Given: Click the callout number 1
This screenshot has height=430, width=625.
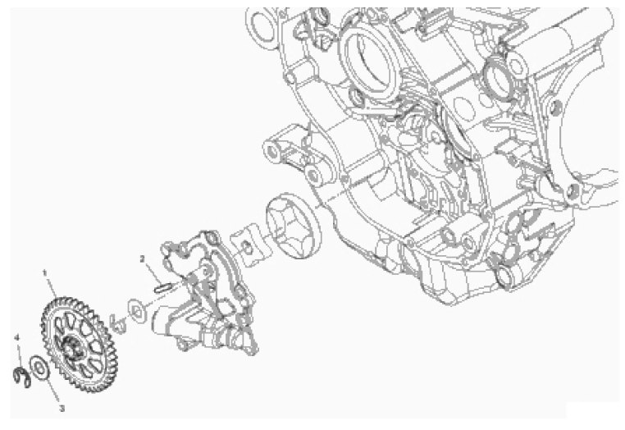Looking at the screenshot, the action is pos(44,272).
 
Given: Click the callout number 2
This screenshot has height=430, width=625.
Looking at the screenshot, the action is pos(142,258).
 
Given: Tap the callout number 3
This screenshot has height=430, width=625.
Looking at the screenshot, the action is pos(62,409).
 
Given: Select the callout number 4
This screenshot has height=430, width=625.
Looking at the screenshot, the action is pos(16,337).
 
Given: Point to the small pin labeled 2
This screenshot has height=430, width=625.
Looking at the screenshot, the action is pos(163,287).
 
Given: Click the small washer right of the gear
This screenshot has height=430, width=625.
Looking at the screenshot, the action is pos(138,310).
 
